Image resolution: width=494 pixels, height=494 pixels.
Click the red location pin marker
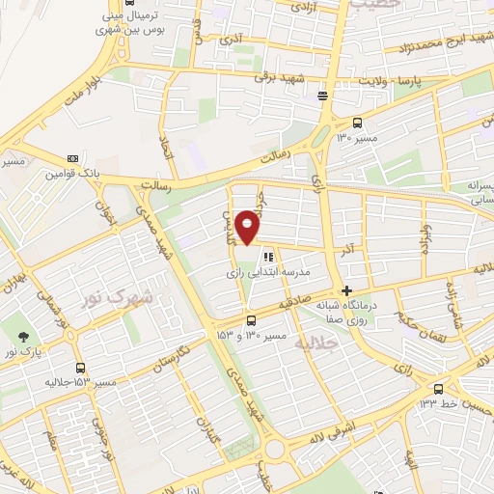click(248, 227)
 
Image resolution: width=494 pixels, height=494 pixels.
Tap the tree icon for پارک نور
click(21, 335)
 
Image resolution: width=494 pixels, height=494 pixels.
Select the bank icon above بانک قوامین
click(72, 158)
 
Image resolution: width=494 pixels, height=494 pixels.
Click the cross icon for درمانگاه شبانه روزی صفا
click(346, 290)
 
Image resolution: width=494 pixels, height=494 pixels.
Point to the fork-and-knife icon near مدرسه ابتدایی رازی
click(267, 258)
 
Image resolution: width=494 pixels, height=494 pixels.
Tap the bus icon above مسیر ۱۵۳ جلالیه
click(79, 368)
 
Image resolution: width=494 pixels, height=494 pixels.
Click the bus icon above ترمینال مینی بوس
click(128, 3)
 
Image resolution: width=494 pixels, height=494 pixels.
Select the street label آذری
click(231, 40)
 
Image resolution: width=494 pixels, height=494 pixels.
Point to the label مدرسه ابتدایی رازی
click(267, 274)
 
